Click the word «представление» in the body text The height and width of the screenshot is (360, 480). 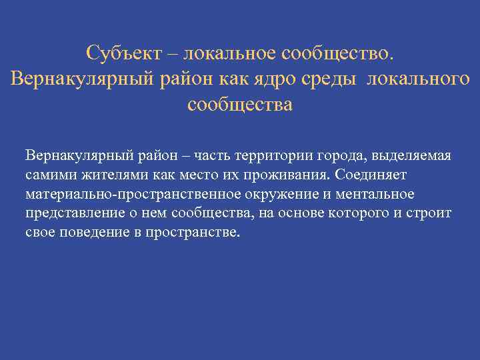(x=71, y=213)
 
